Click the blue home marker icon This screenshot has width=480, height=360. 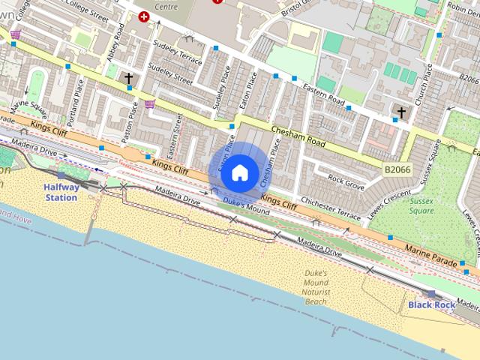click(239, 172)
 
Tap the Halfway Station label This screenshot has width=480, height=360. click(61, 192)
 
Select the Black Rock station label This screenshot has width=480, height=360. click(431, 305)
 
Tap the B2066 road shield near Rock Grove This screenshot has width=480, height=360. click(397, 171)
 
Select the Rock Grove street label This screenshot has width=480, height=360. click(346, 181)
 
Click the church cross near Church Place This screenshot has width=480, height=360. click(401, 113)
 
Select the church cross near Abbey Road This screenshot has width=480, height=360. click(129, 77)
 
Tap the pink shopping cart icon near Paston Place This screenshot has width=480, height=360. click(150, 103)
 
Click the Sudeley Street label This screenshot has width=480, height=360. click(170, 75)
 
